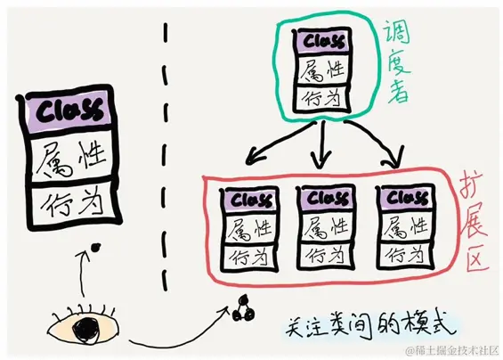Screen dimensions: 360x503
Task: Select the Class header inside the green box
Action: coord(322,41)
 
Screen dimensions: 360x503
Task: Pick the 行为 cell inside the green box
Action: coord(322,97)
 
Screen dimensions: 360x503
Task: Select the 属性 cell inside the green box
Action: coord(322,70)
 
